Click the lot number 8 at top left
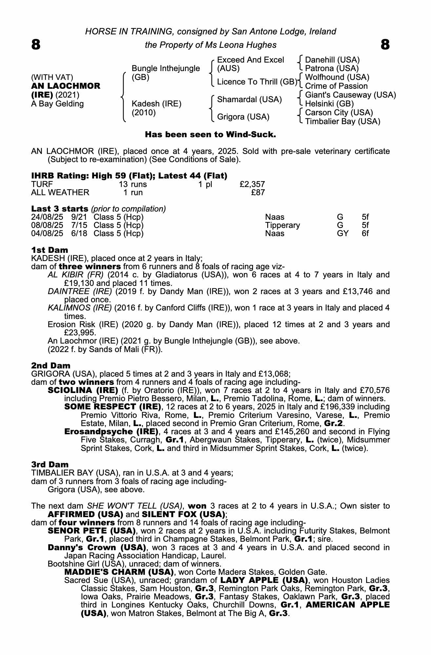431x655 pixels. coord(36,45)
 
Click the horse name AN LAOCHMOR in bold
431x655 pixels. coord(66,86)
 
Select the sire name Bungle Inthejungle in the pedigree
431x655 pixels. coord(166,68)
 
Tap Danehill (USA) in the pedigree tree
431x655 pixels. coord(332,60)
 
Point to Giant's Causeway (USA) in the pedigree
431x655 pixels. coord(350,95)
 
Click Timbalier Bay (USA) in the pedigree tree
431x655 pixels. coord(343,122)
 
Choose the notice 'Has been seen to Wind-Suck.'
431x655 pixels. coord(210,135)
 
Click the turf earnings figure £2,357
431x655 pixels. coord(252,184)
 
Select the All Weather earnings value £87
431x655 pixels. coord(258,193)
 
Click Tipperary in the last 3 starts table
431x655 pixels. coord(283,225)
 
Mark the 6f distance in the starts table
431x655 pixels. coord(365,234)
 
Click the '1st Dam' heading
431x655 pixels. coord(49,250)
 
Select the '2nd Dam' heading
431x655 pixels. coord(51,365)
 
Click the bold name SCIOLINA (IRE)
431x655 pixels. coord(83,390)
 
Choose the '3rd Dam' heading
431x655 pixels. coord(50,464)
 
